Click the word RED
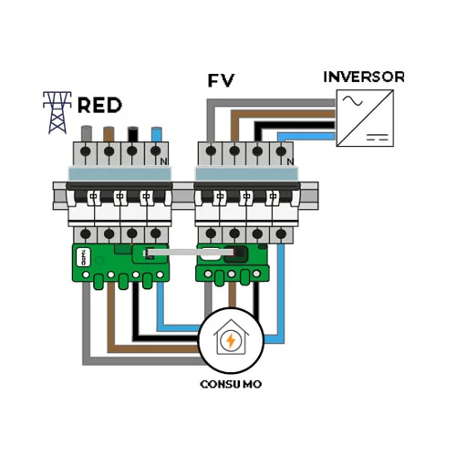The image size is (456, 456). click(x=99, y=105)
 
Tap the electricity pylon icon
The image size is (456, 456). click(x=57, y=112)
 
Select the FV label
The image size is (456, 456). click(x=221, y=80)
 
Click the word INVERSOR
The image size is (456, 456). click(x=364, y=77)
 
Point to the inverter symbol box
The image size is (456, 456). click(x=365, y=118)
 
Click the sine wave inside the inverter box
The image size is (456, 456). click(x=353, y=100)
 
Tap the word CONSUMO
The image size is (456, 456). click(x=231, y=384)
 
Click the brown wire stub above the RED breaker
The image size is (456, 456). click(x=109, y=134)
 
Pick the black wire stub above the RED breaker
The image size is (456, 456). click(x=132, y=134)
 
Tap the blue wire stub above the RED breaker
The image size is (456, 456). click(x=157, y=134)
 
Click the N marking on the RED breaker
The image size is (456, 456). click(x=164, y=162)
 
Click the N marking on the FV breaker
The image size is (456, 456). click(x=290, y=162)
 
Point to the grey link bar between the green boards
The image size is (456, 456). click(x=191, y=252)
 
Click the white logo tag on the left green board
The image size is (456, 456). click(x=82, y=257)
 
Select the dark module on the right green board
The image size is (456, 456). click(x=236, y=254)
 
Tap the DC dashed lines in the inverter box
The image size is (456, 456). click(x=378, y=137)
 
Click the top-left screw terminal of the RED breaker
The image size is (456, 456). click(x=87, y=150)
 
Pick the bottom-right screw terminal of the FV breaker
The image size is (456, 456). click(x=281, y=234)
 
